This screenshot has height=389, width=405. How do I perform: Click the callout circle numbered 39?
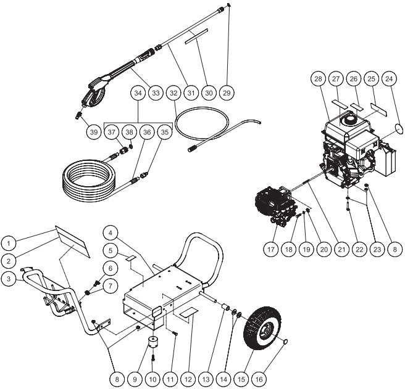click(x=94, y=132)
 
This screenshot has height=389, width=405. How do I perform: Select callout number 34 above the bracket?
click(x=138, y=93)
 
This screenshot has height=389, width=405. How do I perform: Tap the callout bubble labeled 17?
click(x=271, y=250)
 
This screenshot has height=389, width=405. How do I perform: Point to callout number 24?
click(x=389, y=79)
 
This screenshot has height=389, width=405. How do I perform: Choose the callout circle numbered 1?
click(x=9, y=244)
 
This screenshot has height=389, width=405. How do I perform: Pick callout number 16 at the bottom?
click(x=259, y=379)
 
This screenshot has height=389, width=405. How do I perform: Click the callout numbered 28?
click(x=318, y=79)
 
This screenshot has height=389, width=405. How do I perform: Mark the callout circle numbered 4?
click(x=111, y=233)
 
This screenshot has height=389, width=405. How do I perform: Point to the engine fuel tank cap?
click(x=348, y=118)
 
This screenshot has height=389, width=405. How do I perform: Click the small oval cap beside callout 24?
click(x=399, y=128)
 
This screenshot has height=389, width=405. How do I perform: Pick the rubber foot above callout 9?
click(x=155, y=342)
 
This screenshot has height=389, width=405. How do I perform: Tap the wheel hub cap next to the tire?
click(x=285, y=342)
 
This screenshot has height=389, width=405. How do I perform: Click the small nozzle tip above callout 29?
click(x=229, y=4)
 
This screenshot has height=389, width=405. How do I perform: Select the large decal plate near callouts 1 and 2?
click(x=73, y=242)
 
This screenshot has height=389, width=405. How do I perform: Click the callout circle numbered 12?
click(x=188, y=379)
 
